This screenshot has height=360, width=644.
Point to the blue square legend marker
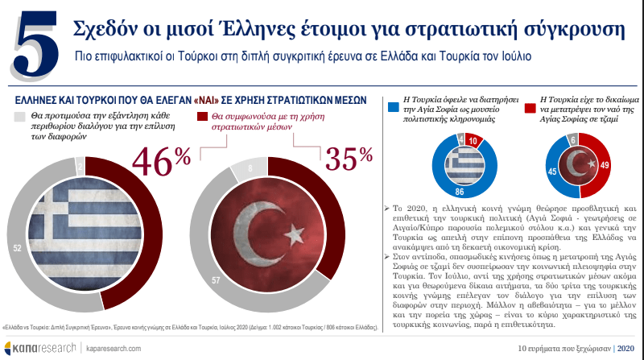click(394, 106)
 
